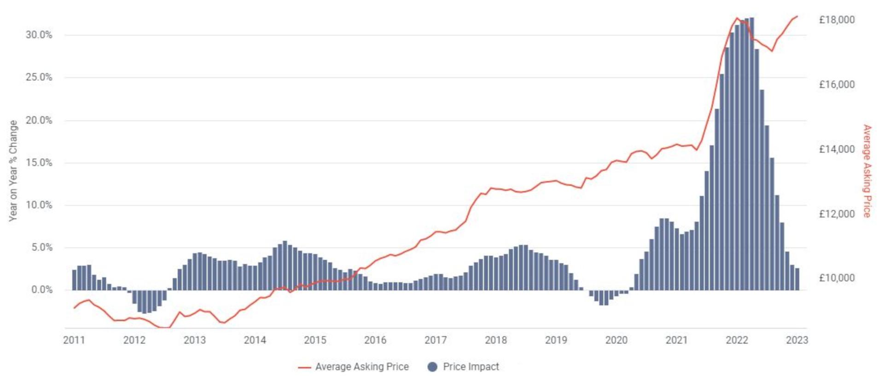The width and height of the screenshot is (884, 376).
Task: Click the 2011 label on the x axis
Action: pos(74,340)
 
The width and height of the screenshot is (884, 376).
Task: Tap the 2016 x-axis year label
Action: pos(375,340)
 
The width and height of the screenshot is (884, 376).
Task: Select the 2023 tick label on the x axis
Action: pos(797,340)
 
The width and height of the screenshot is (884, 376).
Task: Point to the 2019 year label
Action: pos(556,340)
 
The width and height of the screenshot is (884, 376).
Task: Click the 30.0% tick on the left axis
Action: pos(39,35)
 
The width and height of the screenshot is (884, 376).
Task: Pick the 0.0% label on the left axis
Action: pos(42,290)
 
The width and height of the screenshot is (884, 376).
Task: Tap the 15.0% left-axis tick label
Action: pos(39,163)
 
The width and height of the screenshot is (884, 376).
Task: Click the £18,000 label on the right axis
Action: pos(837,20)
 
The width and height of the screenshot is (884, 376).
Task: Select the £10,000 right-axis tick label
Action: pos(837,278)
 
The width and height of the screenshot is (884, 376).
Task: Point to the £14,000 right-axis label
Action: pos(837,149)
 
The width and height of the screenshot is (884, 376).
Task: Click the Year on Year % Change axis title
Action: pos(13,171)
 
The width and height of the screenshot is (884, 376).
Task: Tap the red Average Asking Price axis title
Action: pos(867,171)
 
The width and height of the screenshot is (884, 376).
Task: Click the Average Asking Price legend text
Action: pos(362,367)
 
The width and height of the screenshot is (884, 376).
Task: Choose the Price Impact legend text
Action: pos(471,367)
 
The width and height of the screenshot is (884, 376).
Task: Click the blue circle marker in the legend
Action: pos(432,367)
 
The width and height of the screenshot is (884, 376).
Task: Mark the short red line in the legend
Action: pos(304,367)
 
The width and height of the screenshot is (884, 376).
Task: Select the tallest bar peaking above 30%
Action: pos(751,152)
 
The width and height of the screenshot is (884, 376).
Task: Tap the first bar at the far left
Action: pos(74,280)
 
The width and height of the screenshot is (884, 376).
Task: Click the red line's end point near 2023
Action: pos(797,17)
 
